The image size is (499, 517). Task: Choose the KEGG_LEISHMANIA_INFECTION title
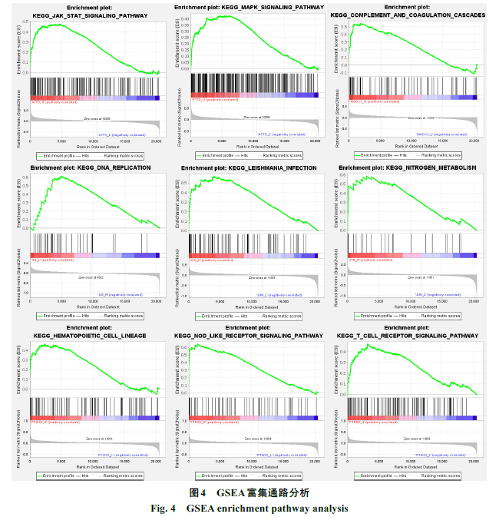(x=253, y=167)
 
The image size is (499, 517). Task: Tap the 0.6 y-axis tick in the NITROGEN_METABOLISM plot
(x=344, y=177)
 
